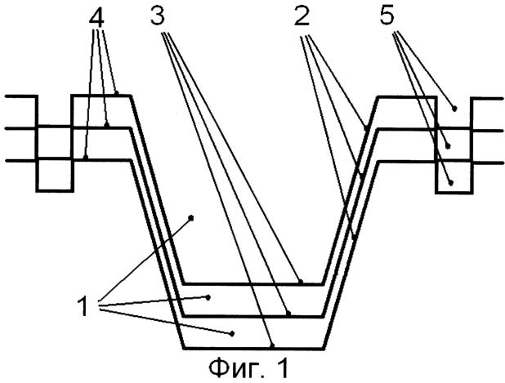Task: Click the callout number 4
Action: tap(96, 18)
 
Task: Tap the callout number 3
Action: tap(158, 16)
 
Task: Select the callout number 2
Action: tap(302, 16)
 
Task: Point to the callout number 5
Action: tap(387, 16)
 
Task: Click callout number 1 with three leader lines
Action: tap(83, 306)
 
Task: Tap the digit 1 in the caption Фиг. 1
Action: tap(281, 367)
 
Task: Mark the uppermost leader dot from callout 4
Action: tap(117, 93)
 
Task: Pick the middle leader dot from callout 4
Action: tap(108, 125)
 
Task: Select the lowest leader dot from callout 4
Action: tap(85, 158)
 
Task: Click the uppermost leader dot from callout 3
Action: tap(301, 281)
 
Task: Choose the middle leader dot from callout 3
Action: tap(288, 313)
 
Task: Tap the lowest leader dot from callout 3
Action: tap(272, 346)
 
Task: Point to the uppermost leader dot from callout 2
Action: tap(366, 129)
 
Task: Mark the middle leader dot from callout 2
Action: tap(362, 176)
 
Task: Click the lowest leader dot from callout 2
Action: tap(354, 238)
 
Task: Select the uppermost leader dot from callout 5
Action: tap(455, 109)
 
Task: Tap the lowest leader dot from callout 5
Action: tap(451, 183)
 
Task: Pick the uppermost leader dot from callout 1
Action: tap(191, 218)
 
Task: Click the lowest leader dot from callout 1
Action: tap(232, 334)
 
